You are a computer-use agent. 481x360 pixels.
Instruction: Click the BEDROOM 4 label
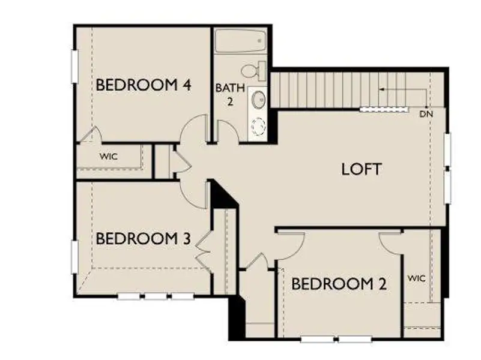(144, 85)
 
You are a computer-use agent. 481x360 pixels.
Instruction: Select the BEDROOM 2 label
(339, 284)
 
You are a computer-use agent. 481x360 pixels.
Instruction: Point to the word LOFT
(361, 169)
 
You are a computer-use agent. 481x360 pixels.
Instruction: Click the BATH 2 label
(230, 94)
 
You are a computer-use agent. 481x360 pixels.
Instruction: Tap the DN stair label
(426, 113)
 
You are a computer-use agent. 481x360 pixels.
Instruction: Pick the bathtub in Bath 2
(241, 41)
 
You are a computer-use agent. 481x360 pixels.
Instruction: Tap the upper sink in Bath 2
(258, 98)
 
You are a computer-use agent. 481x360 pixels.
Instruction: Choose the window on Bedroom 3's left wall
(74, 256)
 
